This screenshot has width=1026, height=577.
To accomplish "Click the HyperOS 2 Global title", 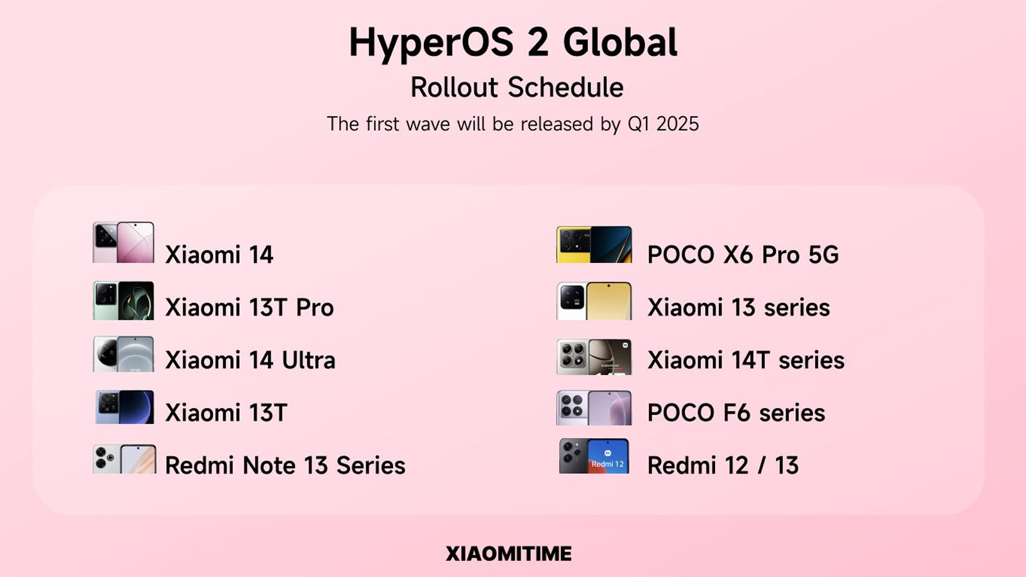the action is pos(513,42).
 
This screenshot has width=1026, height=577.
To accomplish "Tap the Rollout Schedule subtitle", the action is pos(517,87).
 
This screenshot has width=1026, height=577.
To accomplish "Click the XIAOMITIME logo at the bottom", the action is pos(509,554).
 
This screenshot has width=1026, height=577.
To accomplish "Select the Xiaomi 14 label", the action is pos(219,255).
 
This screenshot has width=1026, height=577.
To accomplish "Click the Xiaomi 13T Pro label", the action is pos(249,307).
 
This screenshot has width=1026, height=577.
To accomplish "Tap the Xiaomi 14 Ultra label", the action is pos(250,360).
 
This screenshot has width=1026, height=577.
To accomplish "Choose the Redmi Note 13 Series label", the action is pos(285,465).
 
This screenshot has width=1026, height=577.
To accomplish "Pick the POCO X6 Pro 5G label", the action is pos(743,255).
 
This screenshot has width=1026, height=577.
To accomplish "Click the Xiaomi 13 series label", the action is pos(738,307).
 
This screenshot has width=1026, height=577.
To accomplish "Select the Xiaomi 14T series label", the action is pos(746,360).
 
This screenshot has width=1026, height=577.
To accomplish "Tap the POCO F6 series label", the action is pos(736,413).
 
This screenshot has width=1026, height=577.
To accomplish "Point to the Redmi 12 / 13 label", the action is pos(723,465).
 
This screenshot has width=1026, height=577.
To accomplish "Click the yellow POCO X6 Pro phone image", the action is pos(594,244).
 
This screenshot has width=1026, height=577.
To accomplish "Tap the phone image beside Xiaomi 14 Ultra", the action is pos(123,354).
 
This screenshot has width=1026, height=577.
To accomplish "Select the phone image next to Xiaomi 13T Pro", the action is pos(123,301).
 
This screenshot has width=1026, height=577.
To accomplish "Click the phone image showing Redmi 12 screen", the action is pos(594,456).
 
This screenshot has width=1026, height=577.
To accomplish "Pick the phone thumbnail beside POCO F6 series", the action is pos(594,408).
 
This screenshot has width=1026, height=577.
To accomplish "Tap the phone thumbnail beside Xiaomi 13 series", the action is pos(594,301).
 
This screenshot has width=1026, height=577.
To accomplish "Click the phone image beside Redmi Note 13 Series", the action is pos(124,459).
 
